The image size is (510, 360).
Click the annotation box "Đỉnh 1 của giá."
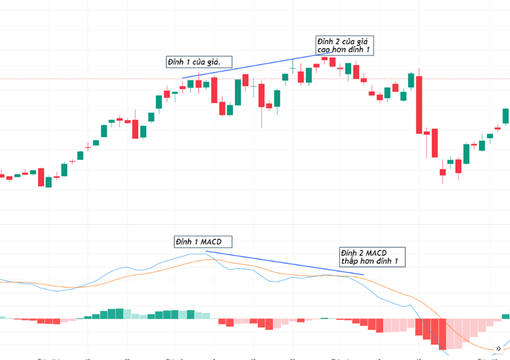coord(199,62)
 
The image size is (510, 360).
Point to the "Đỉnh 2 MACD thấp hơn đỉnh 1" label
coord(372,257)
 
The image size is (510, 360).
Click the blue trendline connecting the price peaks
coord(250,66)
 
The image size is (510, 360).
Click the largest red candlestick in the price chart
coord(419,105)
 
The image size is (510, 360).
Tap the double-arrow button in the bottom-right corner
coord(499,349)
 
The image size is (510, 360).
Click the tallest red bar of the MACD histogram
coord(443,334)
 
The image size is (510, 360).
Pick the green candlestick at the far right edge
coord(506,115)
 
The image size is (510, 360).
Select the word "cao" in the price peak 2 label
coord(326,50)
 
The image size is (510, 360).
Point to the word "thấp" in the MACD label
coord(352,262)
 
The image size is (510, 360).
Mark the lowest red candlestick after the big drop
coord(443,172)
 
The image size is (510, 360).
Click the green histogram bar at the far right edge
coord(506,316)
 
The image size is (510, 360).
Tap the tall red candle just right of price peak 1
coord(214,91)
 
